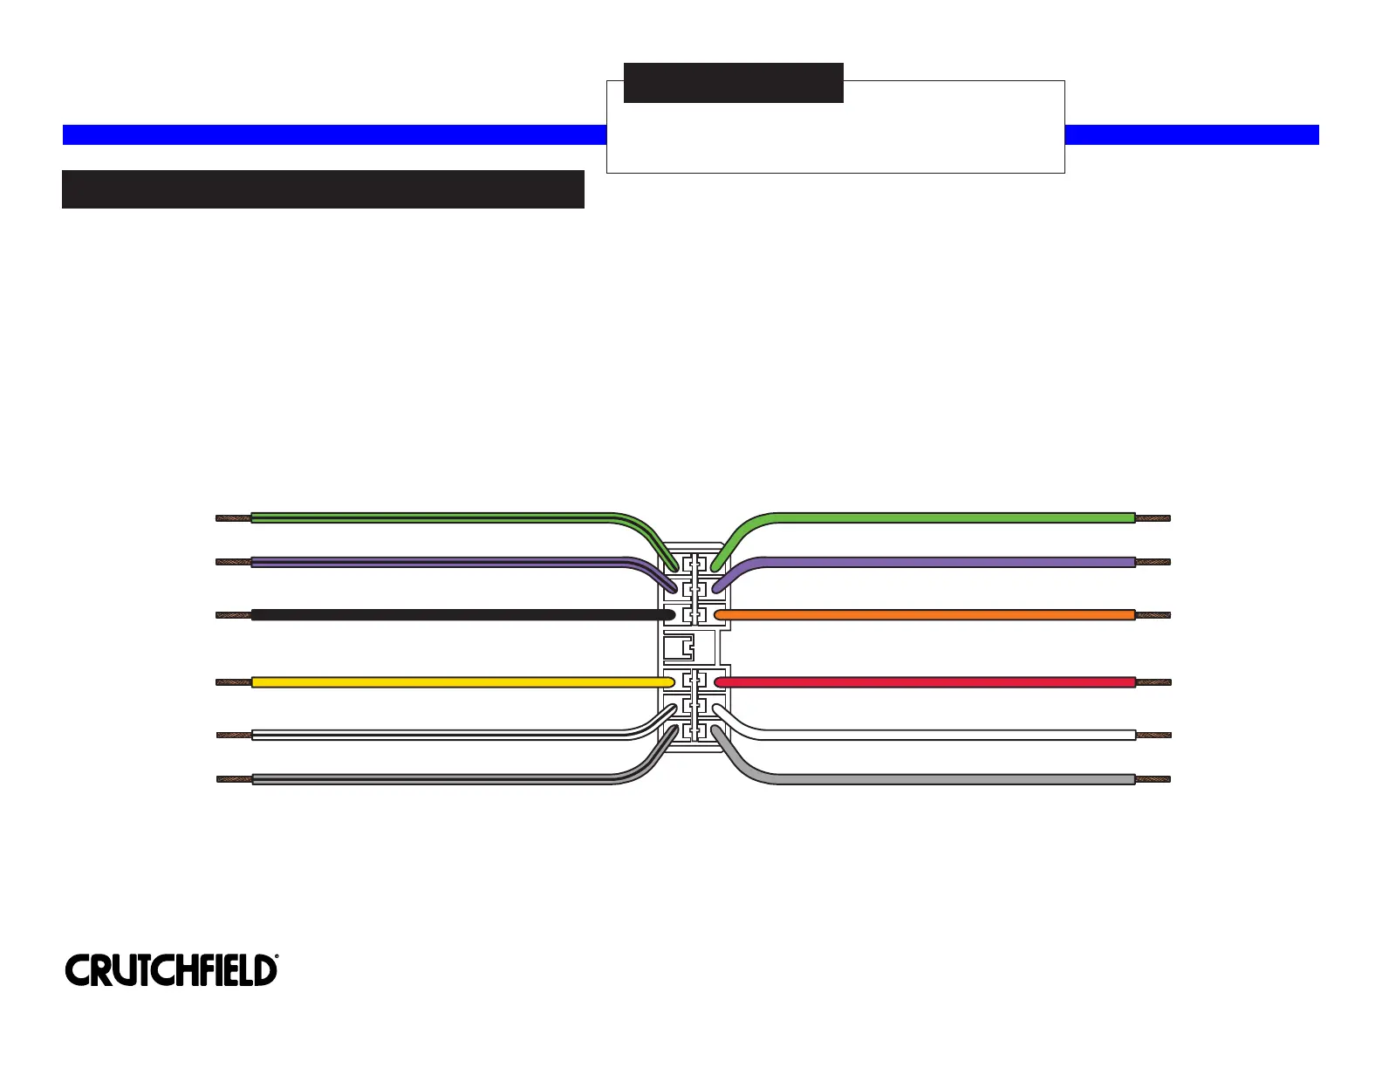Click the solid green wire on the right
coord(951,518)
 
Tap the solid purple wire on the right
coord(951,562)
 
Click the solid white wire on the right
coord(951,735)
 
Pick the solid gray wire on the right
coord(951,778)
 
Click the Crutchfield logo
coord(171,970)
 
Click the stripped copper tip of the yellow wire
coord(234,681)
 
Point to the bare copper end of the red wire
coord(1153,681)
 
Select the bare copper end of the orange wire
coord(1153,615)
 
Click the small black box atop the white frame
coord(733,83)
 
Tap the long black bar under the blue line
coord(323,189)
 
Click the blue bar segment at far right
coord(1192,134)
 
